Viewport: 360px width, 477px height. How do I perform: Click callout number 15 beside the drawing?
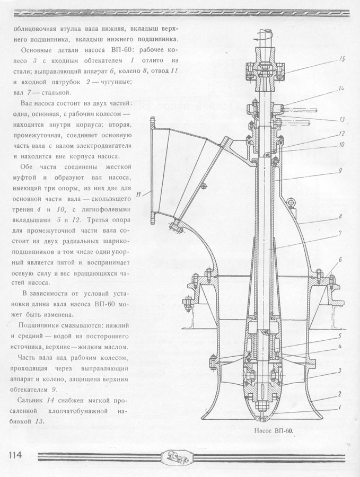coord(342,59)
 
